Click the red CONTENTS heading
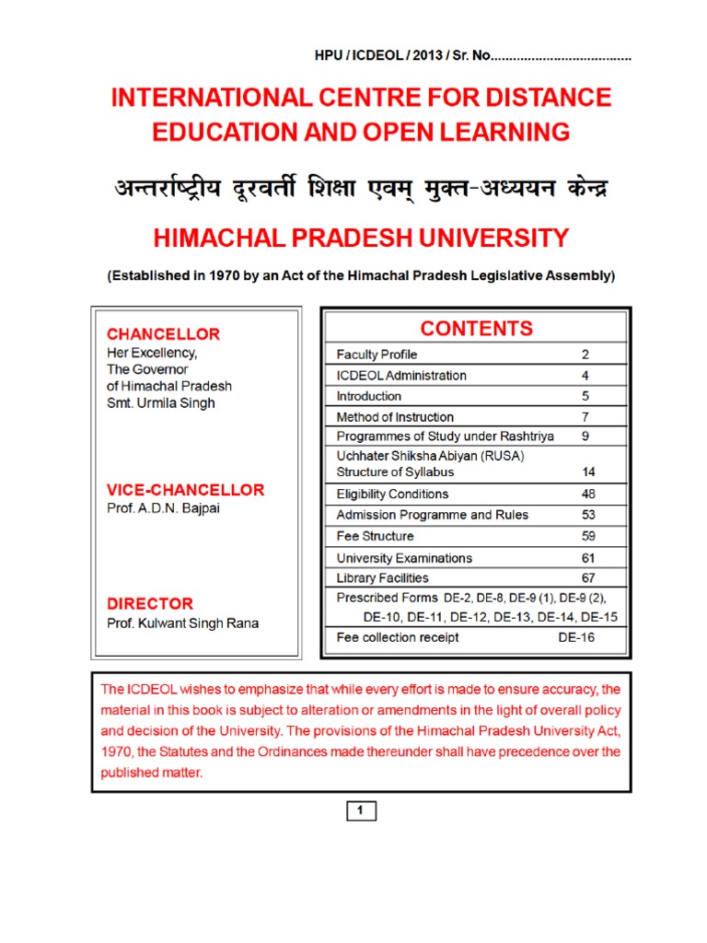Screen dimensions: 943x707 coord(476,329)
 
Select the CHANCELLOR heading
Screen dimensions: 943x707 coord(163,334)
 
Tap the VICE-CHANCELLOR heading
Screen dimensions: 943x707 coord(185,490)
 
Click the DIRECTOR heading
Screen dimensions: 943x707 coord(150,604)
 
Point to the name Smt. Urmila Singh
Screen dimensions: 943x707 coord(162,403)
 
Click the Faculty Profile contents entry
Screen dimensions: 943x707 coord(377,355)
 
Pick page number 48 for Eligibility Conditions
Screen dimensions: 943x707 coord(588,494)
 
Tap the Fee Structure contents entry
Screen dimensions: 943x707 coord(375,536)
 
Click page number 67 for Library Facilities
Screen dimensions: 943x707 coord(588,578)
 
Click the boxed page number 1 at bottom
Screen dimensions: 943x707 coord(361,811)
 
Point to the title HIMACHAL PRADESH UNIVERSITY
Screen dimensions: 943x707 coord(360,239)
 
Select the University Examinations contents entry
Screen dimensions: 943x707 coord(404,558)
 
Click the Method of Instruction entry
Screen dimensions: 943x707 coord(395,417)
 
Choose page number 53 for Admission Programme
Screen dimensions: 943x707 coord(588,515)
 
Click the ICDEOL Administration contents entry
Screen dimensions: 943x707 coord(401,376)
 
